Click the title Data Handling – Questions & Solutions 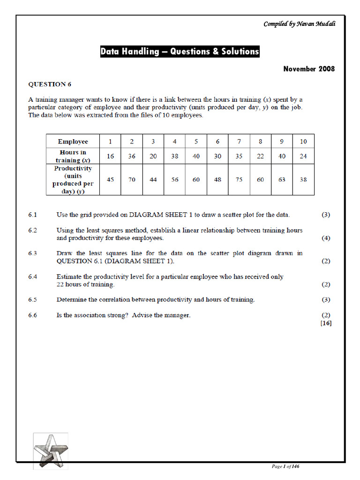[x=180, y=52]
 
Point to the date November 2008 [x=309, y=69]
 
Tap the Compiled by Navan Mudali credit [x=299, y=24]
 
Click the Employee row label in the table [x=73, y=142]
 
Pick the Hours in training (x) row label [x=73, y=156]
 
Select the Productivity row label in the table [x=73, y=179]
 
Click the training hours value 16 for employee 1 [x=110, y=157]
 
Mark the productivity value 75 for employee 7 [x=239, y=180]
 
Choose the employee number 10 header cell [x=303, y=142]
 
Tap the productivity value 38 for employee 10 [x=303, y=180]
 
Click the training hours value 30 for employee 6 [x=217, y=157]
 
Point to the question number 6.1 [x=32, y=215]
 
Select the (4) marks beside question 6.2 [x=326, y=238]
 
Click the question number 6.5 [x=32, y=300]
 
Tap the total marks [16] [x=326, y=323]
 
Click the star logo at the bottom [x=50, y=450]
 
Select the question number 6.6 [x=32, y=315]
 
